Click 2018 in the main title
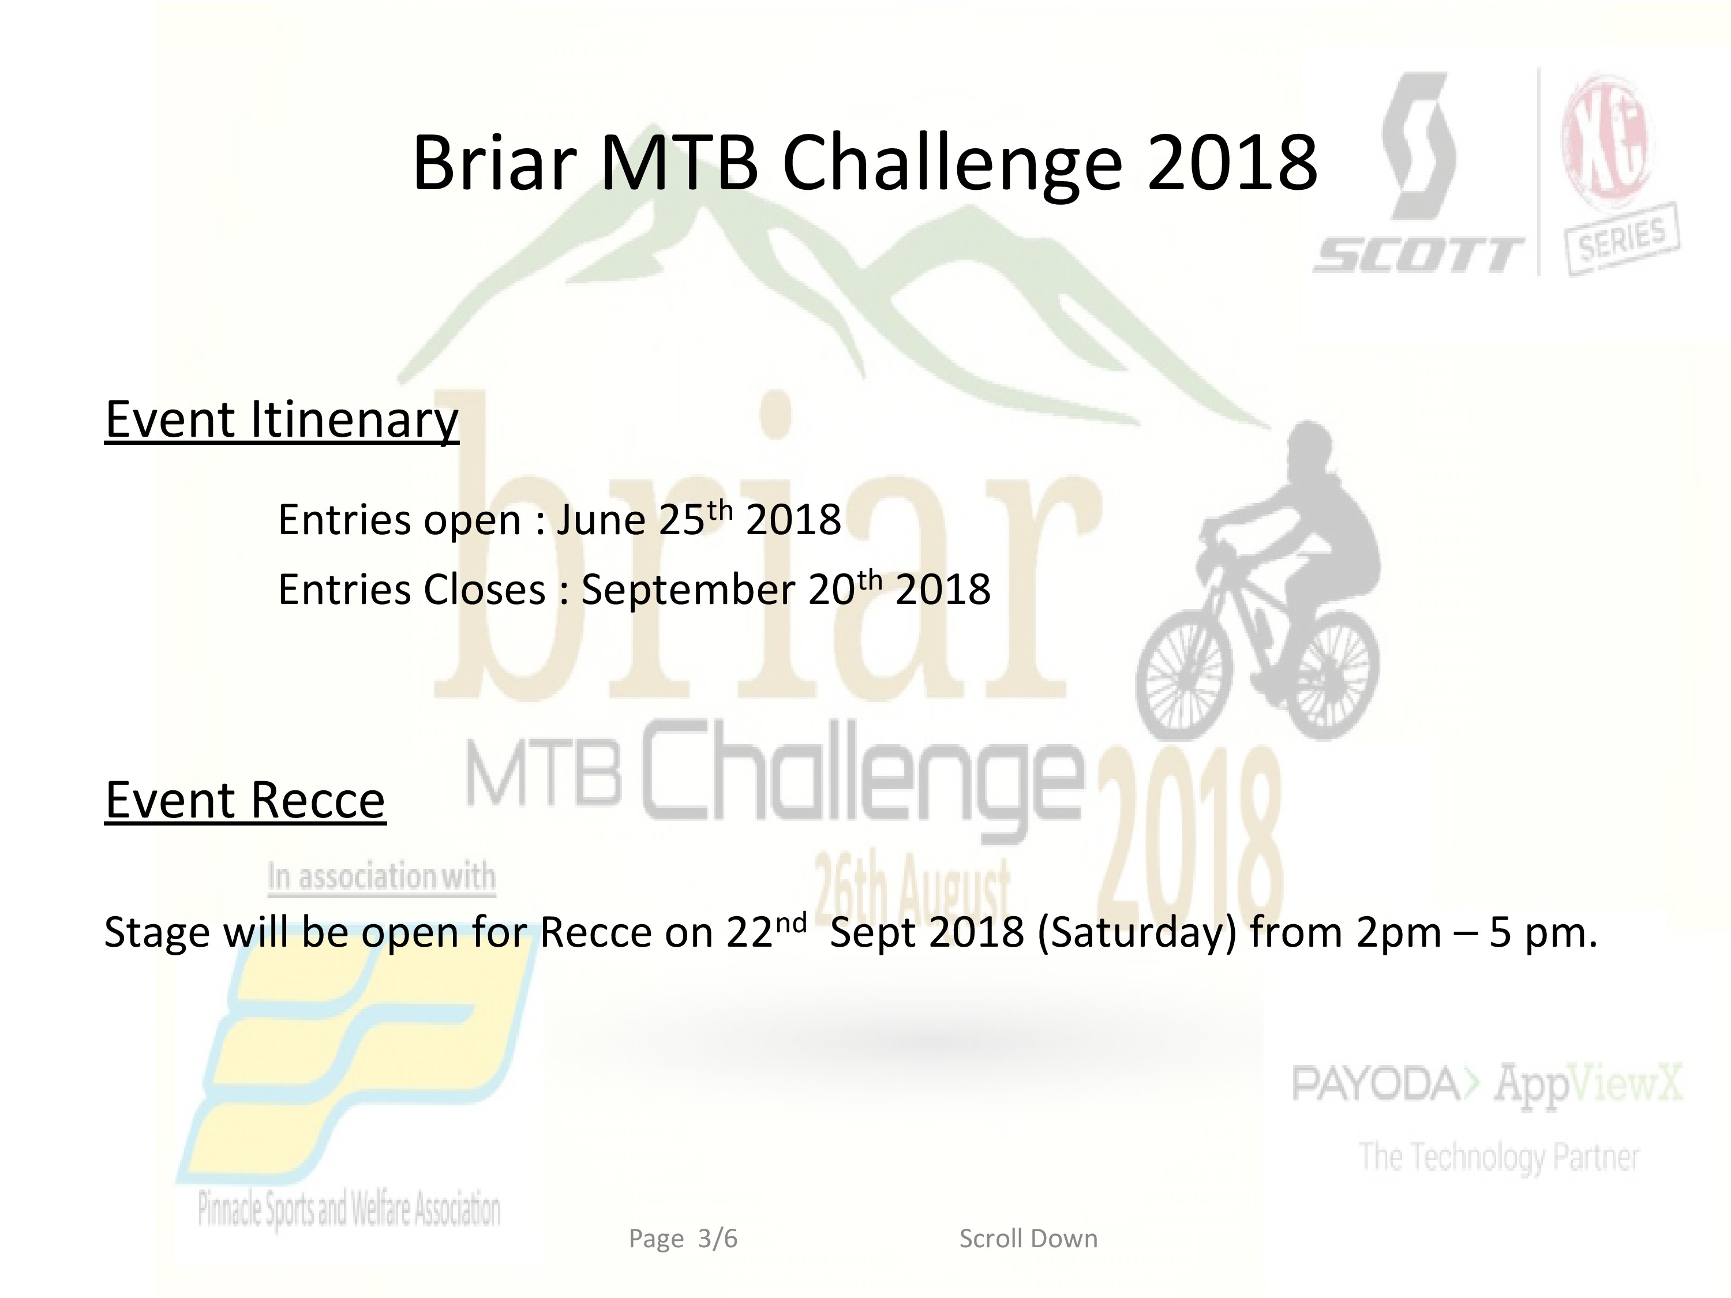coord(1232,163)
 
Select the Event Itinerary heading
coord(282,421)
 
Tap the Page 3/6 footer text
coord(683,1239)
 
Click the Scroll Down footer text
coord(1028,1239)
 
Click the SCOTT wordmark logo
coord(1419,255)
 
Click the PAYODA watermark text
coord(1376,1083)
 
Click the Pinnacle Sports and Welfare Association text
coord(349,1210)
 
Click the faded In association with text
coord(382,876)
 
